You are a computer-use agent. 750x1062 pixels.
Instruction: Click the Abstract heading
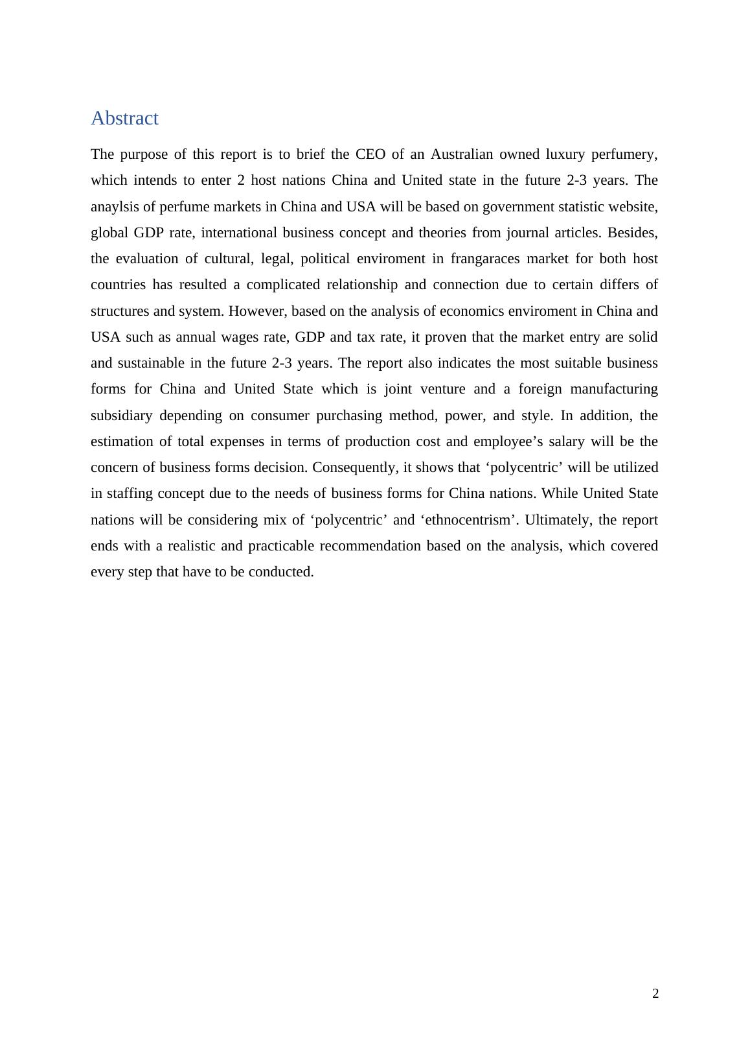(x=124, y=119)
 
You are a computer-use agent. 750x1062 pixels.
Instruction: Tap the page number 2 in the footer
(x=655, y=994)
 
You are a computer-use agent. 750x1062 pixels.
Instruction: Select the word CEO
(x=370, y=154)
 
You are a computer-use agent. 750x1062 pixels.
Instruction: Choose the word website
(x=631, y=207)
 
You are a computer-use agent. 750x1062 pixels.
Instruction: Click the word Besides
(x=632, y=233)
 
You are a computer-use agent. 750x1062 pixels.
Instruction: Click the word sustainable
(x=150, y=363)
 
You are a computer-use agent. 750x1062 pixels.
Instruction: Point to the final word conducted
(x=284, y=572)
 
